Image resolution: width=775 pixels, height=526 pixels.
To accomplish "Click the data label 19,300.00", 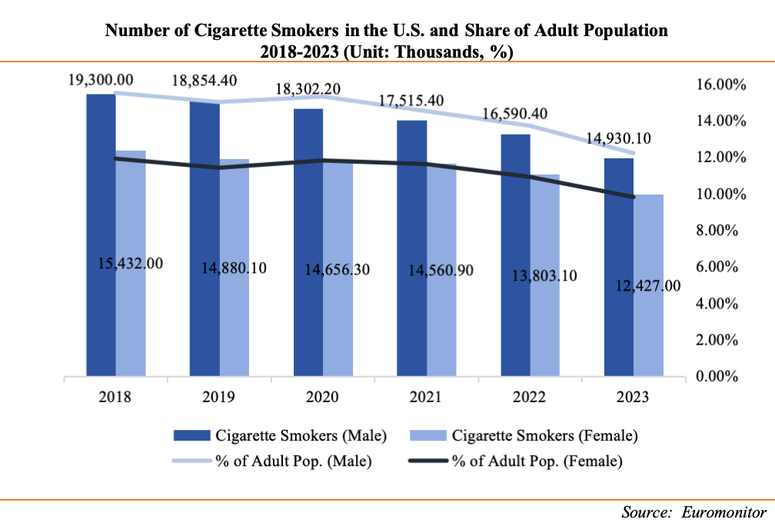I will (101, 79).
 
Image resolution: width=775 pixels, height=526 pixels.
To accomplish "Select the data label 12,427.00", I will (648, 286).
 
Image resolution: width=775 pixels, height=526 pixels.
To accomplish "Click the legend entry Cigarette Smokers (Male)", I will (281, 436).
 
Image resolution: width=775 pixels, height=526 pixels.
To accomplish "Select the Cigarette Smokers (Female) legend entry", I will (524, 436).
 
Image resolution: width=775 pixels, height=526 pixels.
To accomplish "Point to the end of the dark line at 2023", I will (634, 197).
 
